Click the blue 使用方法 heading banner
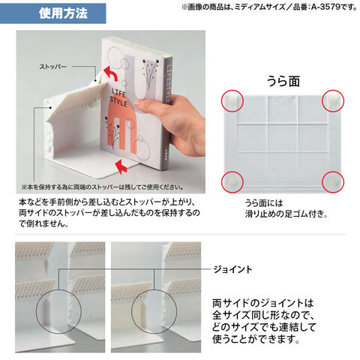(52, 13)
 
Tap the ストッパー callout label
(52, 67)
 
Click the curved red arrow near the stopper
(110, 73)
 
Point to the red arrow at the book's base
(121, 166)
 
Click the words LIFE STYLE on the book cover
(118, 98)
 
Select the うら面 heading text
(283, 82)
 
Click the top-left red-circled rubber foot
(232, 100)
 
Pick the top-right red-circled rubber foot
(333, 100)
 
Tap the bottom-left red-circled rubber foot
(232, 181)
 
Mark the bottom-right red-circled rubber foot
(333, 181)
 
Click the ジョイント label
(232, 269)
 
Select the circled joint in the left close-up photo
(59, 311)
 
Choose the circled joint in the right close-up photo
(154, 311)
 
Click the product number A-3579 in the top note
(325, 7)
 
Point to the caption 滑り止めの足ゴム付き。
(286, 214)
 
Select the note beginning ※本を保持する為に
(102, 187)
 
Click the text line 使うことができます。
(256, 339)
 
